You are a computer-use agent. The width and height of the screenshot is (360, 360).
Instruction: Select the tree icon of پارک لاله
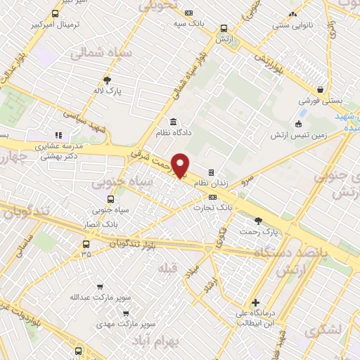point(107,80)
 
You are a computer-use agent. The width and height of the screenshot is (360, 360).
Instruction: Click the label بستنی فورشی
point(321,101)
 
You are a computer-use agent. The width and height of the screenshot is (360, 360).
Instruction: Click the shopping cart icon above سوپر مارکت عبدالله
point(98,287)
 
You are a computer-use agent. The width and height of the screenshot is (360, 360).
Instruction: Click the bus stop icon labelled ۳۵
point(86,245)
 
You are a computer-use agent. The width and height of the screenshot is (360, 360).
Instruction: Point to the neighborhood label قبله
point(173,268)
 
